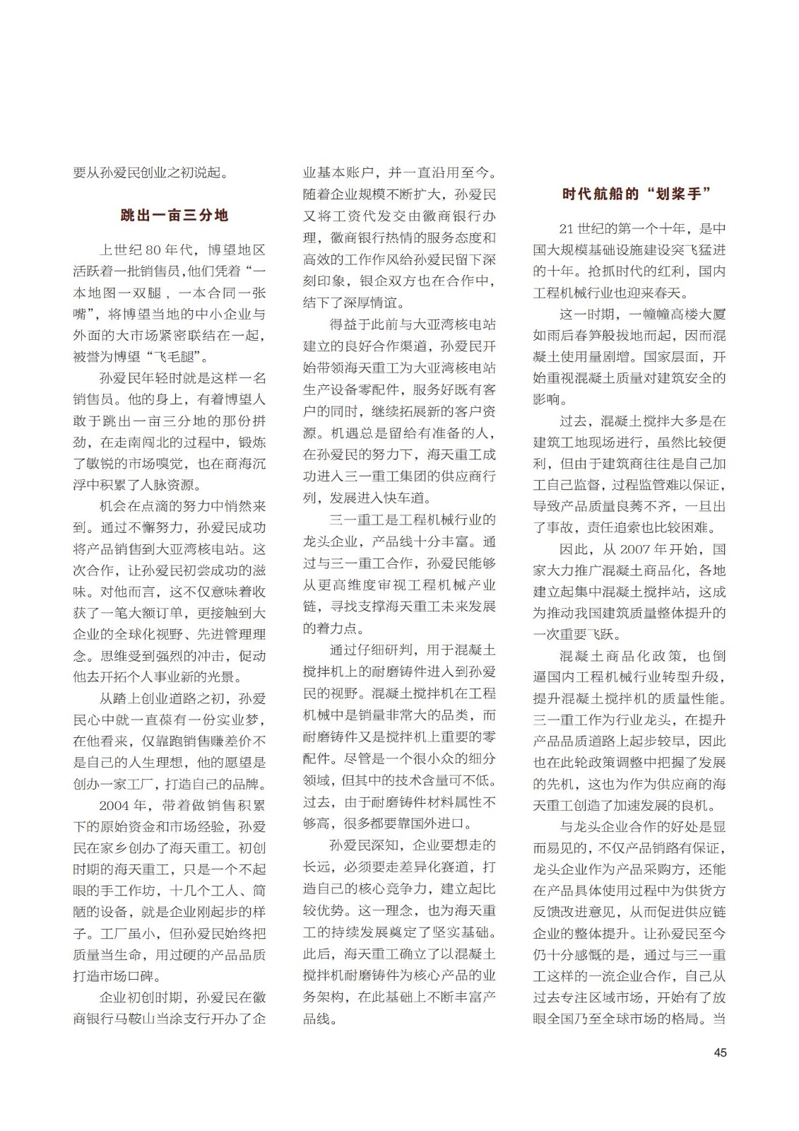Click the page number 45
[719, 1052]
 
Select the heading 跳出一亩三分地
[174, 215]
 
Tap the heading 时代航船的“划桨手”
[636, 194]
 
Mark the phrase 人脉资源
[174, 485]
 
